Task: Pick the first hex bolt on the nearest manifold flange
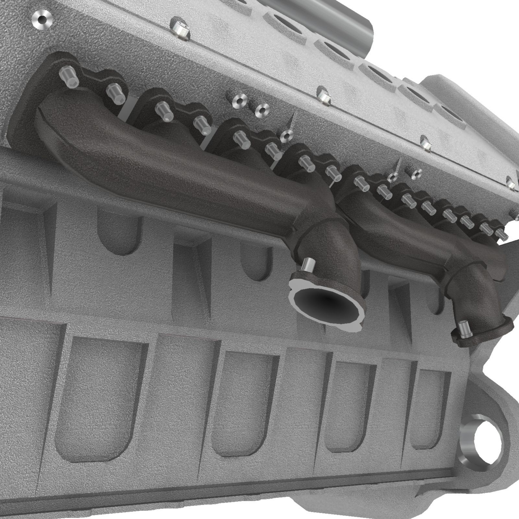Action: pyautogui.click(x=69, y=78)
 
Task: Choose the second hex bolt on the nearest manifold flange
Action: pyautogui.click(x=115, y=94)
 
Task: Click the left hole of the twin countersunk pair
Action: pyautogui.click(x=239, y=100)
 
